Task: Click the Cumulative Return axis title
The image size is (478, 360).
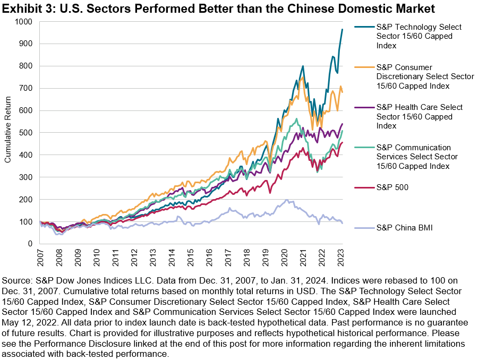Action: pyautogui.click(x=8, y=133)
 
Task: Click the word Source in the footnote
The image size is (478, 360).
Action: pyautogui.click(x=18, y=279)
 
